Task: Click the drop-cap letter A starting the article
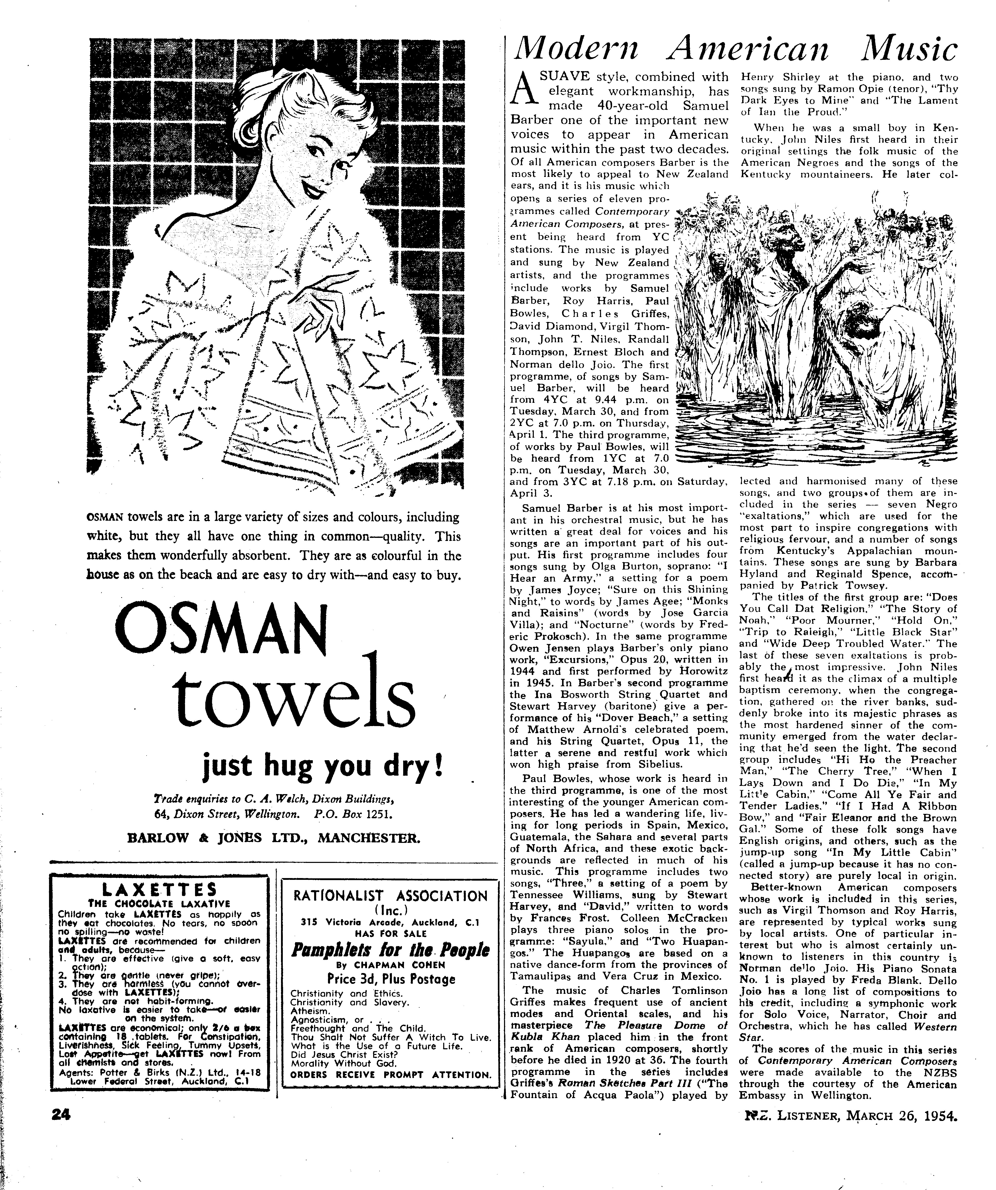522,90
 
